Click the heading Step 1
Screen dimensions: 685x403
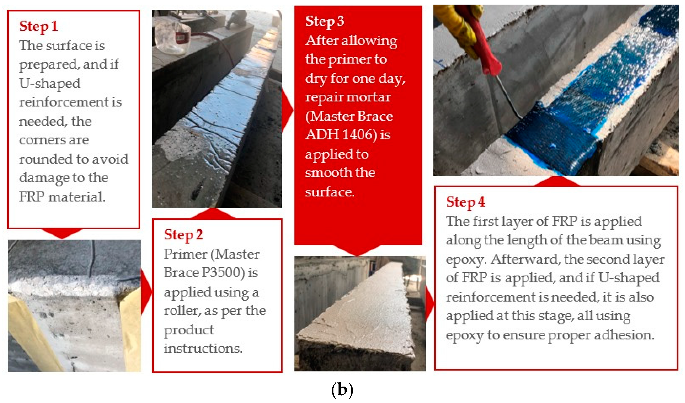coord(38,26)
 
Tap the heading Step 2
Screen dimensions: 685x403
coord(183,235)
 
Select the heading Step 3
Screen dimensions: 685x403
coord(325,21)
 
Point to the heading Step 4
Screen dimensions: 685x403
coord(465,202)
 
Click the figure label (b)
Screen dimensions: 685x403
coord(342,390)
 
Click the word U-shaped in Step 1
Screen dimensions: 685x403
coord(50,83)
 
